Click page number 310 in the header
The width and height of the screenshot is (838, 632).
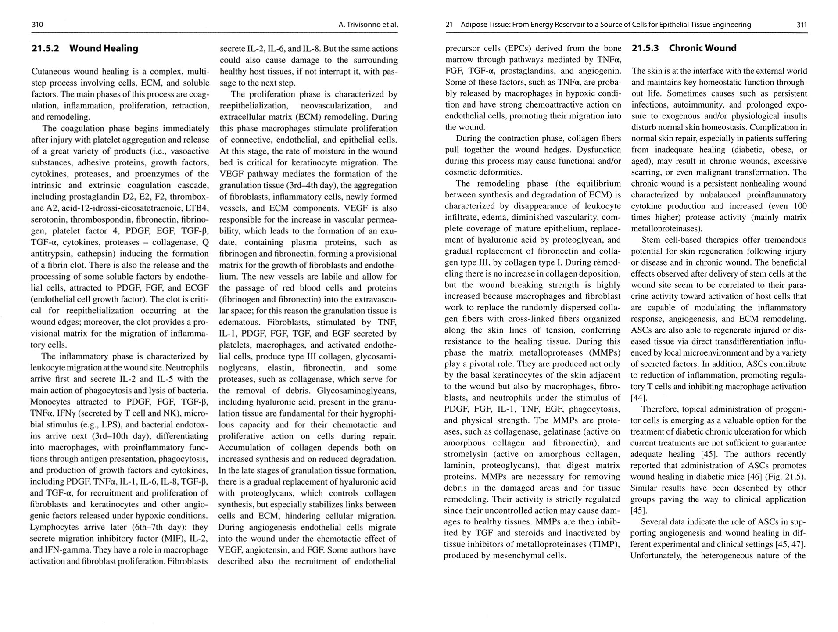click(x=37, y=25)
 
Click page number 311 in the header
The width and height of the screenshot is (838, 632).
click(x=802, y=25)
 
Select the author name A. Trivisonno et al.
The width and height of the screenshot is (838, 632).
click(x=368, y=25)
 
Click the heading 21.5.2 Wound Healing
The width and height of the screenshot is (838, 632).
click(x=85, y=48)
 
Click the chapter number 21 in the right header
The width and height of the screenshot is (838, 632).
click(x=449, y=25)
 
